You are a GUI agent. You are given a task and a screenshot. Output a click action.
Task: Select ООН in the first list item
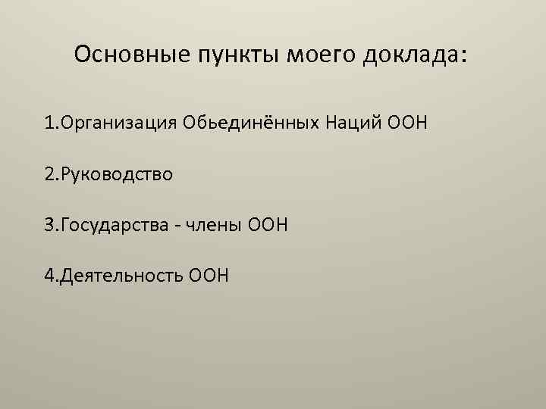click(408, 123)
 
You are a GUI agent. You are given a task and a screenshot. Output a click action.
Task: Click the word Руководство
click(119, 174)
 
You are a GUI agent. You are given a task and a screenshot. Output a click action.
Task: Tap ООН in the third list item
click(271, 225)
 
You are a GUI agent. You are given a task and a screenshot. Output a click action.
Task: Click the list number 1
click(49, 123)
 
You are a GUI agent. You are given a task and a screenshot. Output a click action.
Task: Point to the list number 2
click(49, 174)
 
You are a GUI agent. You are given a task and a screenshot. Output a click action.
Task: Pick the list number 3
click(49, 225)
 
